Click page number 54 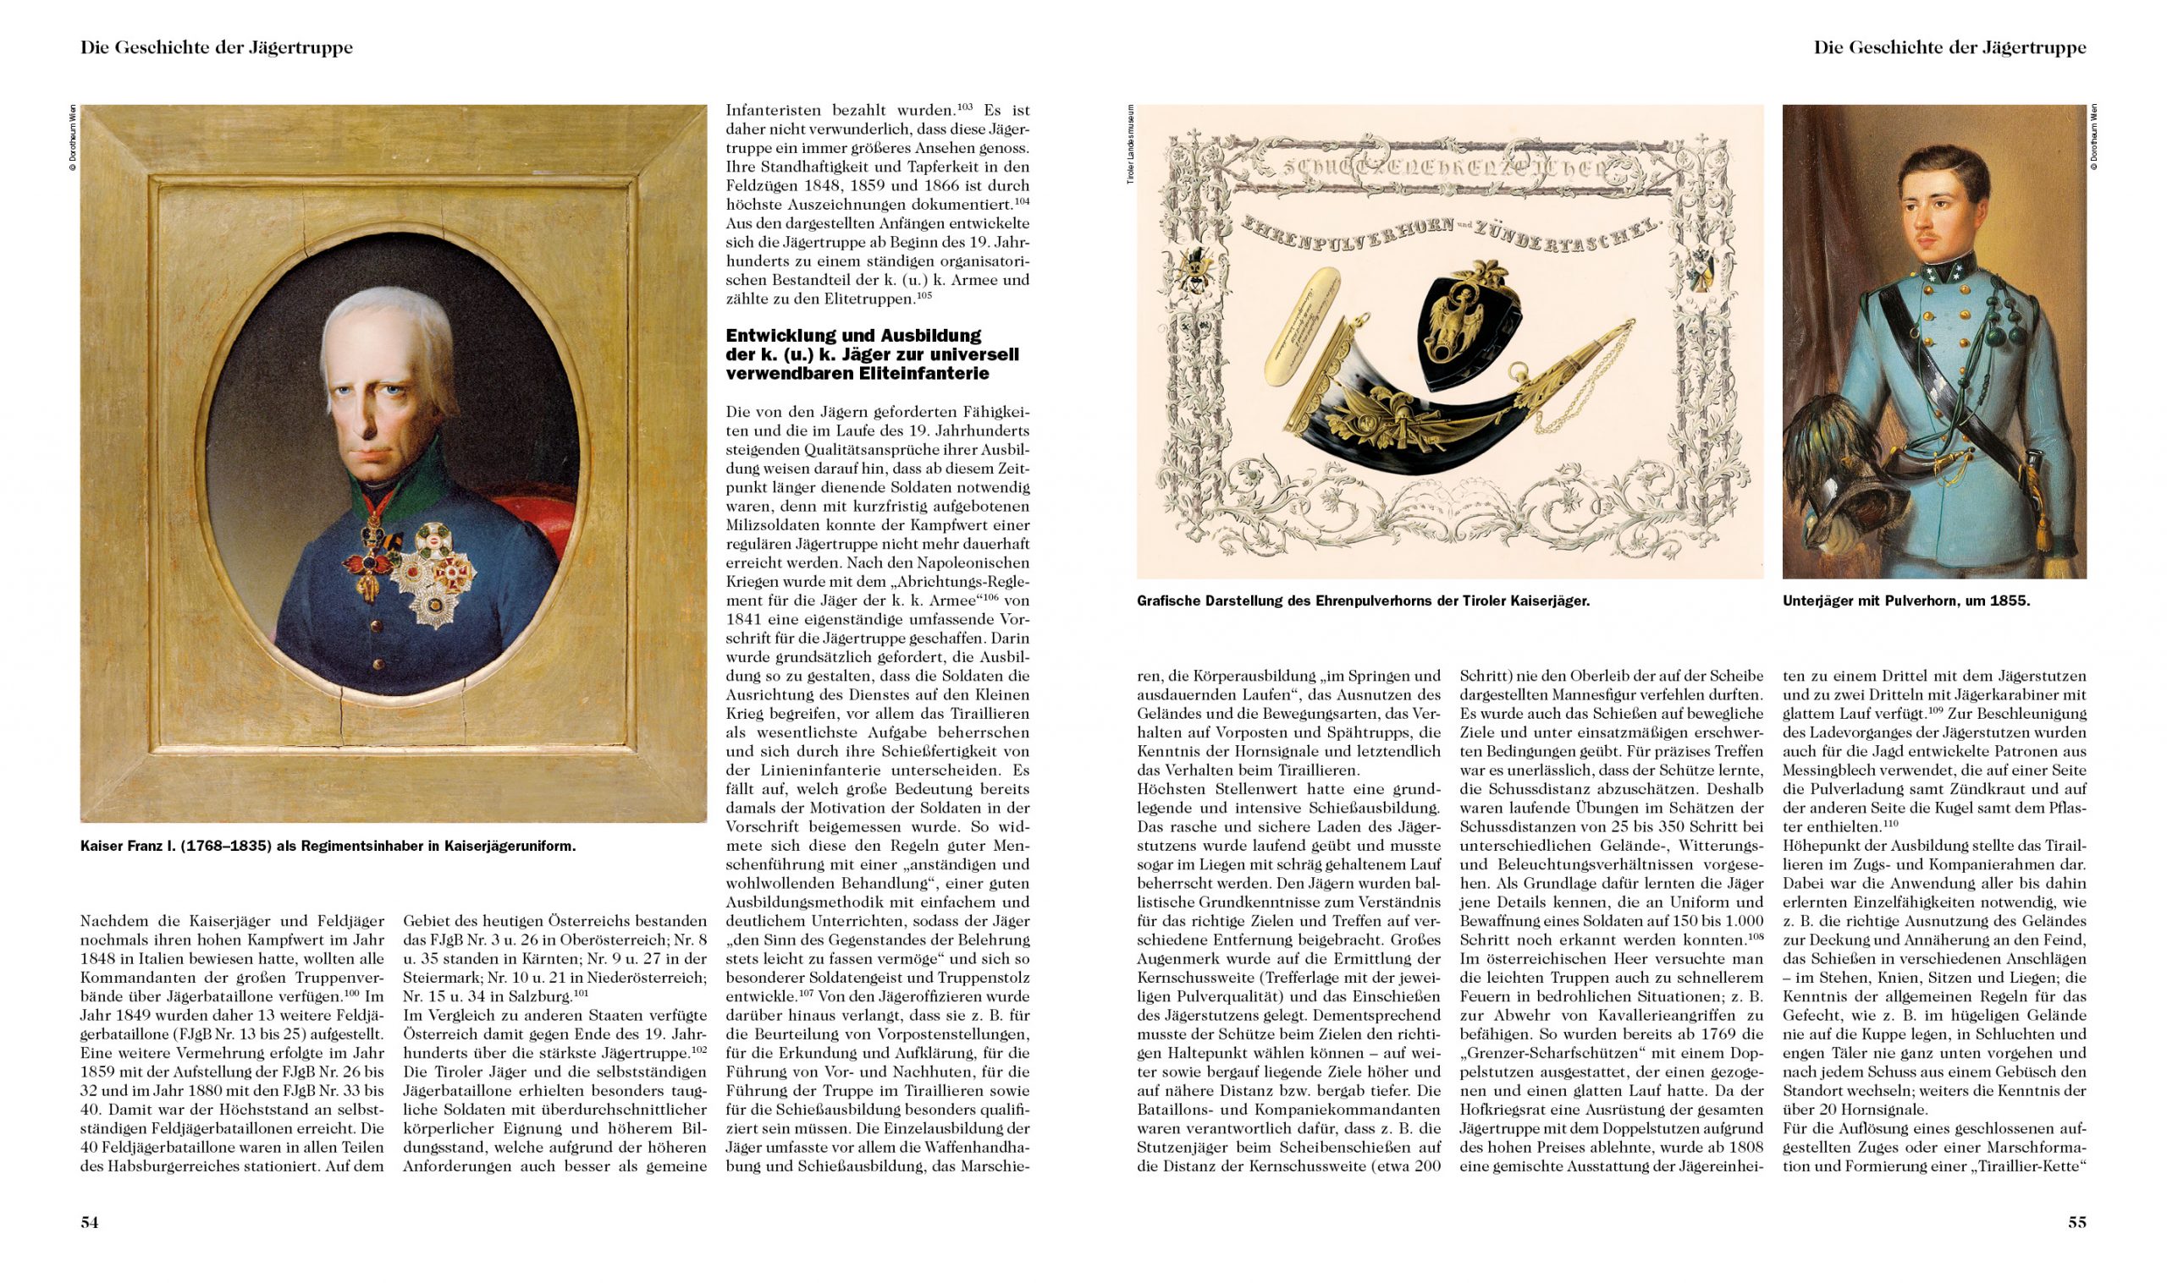coord(89,1222)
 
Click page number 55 coord(2077,1222)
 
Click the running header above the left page coord(216,48)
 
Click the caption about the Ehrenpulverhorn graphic coord(1364,600)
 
